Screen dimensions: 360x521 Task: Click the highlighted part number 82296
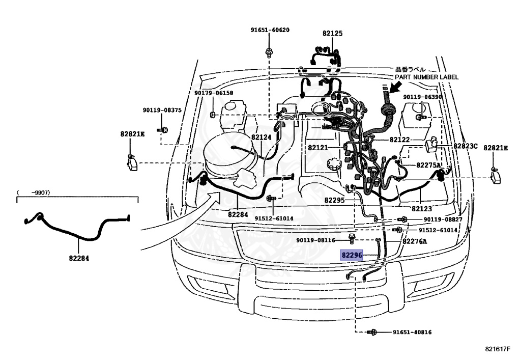tap(352, 255)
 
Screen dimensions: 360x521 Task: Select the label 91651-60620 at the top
tap(269, 30)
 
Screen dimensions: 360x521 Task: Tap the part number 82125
tap(332, 34)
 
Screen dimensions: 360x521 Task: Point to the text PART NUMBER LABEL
tap(426, 77)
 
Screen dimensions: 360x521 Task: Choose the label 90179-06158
tap(213, 93)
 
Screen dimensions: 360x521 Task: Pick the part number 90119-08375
tap(162, 110)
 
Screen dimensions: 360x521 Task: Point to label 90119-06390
tap(422, 97)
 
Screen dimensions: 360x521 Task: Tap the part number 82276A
tap(415, 241)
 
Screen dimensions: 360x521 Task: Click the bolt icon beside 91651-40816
tap(373, 333)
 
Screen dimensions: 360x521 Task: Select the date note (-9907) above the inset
tap(36, 192)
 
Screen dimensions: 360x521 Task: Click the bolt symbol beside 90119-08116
tap(352, 237)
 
